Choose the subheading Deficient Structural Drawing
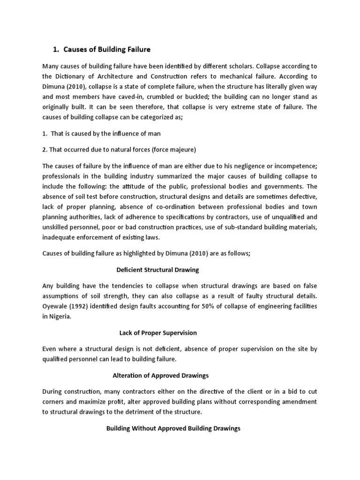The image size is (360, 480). [157, 270]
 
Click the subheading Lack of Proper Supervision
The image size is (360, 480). [158, 333]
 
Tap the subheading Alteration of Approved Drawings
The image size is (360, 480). [161, 375]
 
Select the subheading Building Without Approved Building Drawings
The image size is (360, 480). [173, 428]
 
